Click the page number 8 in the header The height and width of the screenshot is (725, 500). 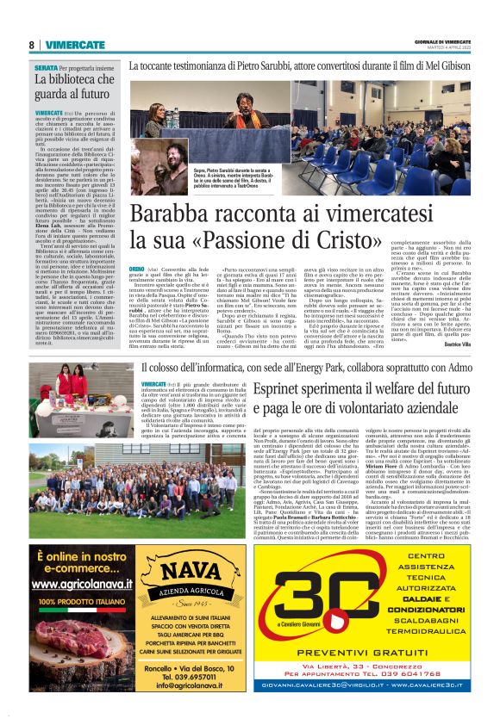[32, 44]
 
